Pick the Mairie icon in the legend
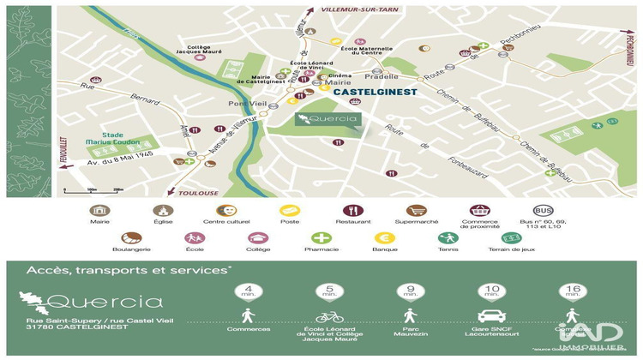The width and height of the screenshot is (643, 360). [100, 210]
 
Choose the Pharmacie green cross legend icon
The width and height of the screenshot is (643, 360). [321, 238]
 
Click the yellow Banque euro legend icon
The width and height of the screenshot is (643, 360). [384, 238]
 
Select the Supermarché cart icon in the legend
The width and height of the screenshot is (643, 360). [417, 210]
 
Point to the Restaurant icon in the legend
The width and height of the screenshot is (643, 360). [353, 210]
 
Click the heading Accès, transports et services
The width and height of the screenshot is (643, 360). [129, 271]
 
